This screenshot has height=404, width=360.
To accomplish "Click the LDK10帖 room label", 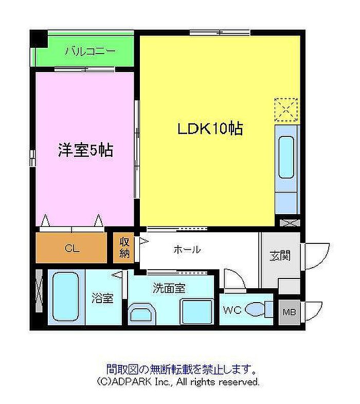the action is (210, 128).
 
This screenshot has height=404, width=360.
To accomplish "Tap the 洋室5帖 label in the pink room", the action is (85, 150).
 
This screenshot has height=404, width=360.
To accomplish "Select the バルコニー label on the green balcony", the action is (90, 51).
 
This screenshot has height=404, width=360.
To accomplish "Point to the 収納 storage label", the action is (124, 248).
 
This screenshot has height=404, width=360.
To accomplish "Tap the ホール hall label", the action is (187, 250).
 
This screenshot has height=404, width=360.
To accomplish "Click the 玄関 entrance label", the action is (280, 256).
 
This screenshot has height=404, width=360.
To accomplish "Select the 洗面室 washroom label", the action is (169, 288).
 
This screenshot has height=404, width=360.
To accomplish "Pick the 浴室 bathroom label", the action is (103, 298).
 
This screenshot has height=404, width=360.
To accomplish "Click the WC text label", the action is (232, 310).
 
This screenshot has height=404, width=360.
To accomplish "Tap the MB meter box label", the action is (289, 312).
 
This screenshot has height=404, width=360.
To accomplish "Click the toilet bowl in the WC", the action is (255, 309).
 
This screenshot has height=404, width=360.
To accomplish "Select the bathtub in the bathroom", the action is (65, 297).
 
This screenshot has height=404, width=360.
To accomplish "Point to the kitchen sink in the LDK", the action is (286, 157).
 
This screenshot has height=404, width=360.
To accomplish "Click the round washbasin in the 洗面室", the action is (142, 313).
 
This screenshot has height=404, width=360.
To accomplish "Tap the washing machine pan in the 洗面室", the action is (197, 311).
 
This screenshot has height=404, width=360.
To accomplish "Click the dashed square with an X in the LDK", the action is (286, 110).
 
